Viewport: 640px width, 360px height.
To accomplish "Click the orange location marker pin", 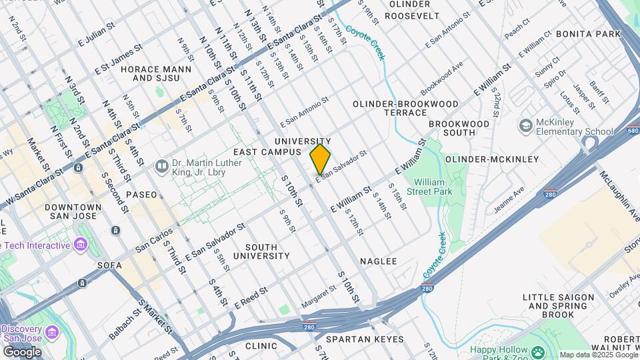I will pos(320,159).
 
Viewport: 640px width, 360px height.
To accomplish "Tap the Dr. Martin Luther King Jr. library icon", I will pos(161,165).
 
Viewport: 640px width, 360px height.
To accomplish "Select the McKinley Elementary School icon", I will pos(526,125).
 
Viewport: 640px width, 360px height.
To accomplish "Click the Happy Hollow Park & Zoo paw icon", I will pos(537,350).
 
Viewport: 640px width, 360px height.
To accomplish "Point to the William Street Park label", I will pos(433,187).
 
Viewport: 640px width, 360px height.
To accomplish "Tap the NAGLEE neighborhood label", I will pos(378,261).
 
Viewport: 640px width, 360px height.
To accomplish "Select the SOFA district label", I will pos(109,265).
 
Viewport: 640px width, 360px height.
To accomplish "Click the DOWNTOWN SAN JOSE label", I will pos(73,213).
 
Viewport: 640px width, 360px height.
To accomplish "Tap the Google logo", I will pos(21,351).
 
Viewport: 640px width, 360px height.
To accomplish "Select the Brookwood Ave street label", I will pos(441,79).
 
